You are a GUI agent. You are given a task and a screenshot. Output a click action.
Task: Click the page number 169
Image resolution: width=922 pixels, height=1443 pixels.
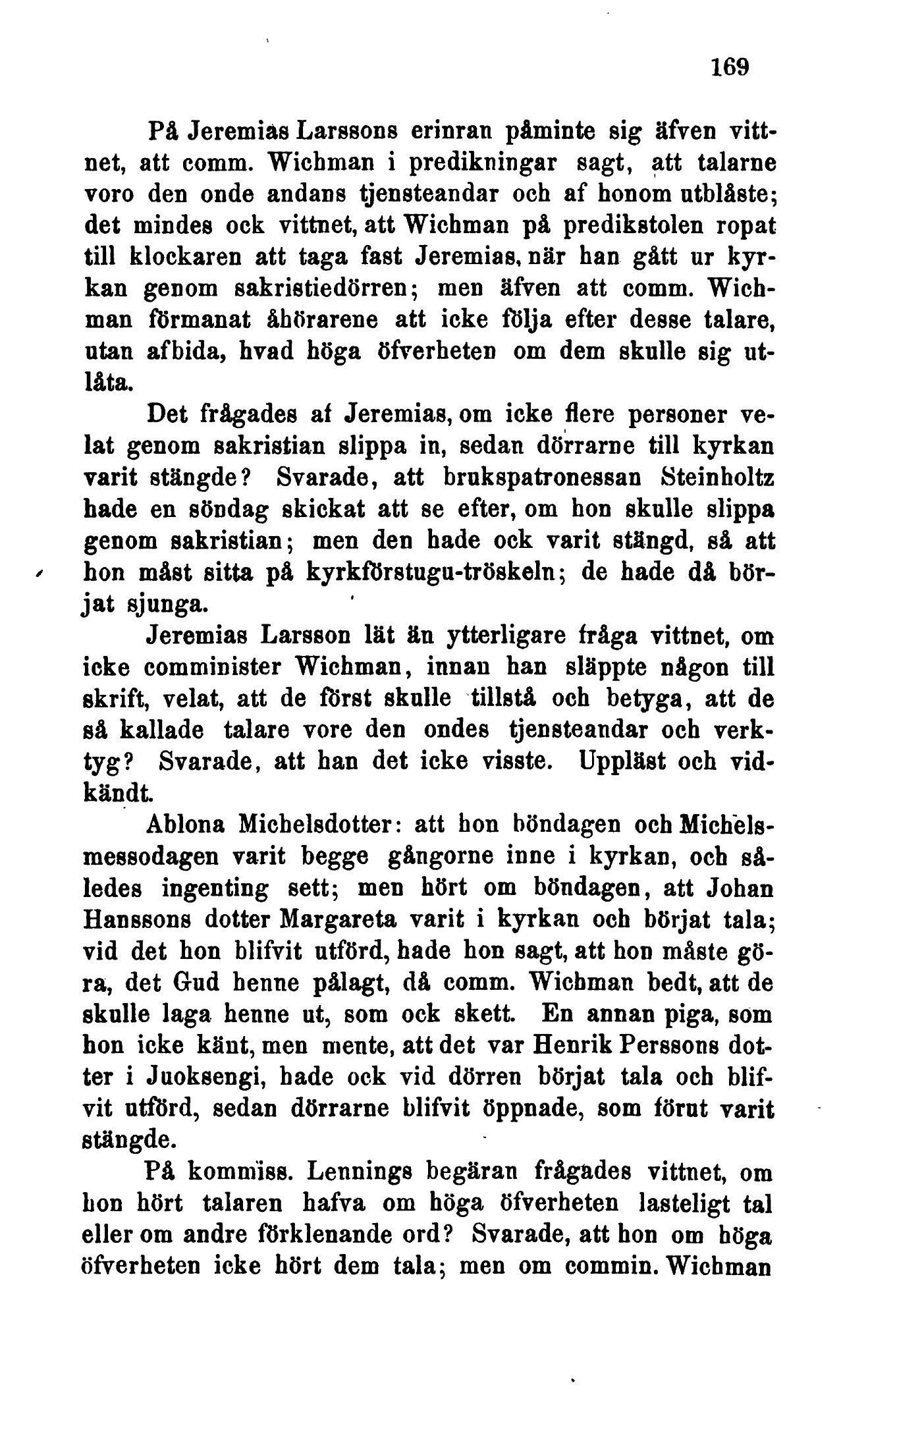point(730,67)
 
